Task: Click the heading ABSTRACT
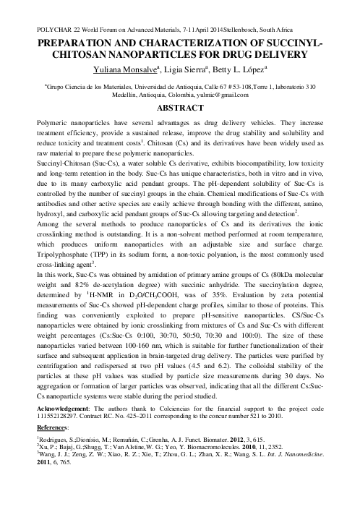[179, 108]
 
